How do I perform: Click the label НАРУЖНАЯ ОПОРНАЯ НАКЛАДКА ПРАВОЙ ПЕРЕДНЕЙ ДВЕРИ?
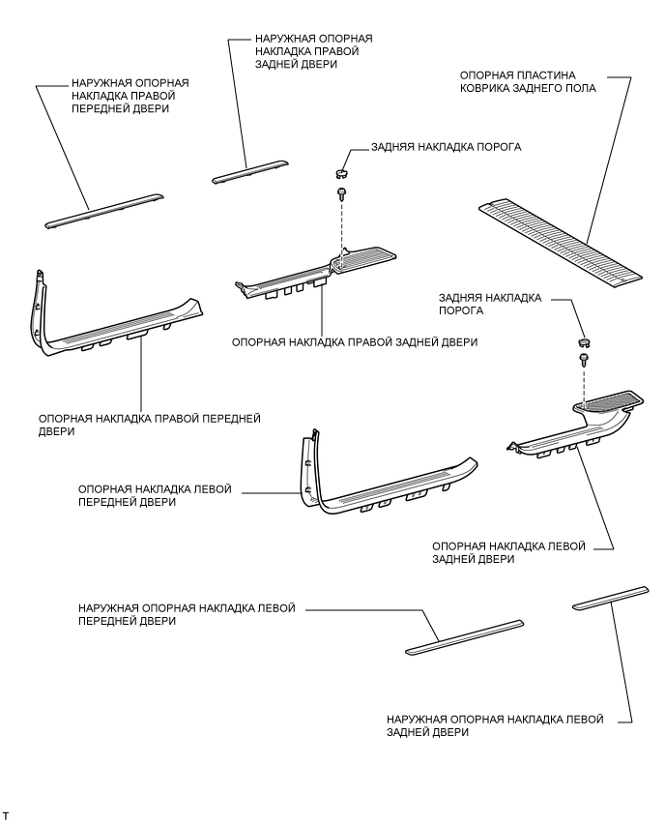130,97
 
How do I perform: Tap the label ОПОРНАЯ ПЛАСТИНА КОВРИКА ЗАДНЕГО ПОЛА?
526,80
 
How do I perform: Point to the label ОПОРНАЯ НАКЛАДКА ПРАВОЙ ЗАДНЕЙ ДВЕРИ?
355,342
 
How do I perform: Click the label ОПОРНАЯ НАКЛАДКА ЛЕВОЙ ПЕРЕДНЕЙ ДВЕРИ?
155,496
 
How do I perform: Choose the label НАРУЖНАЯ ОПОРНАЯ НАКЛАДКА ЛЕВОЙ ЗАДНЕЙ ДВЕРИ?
494,726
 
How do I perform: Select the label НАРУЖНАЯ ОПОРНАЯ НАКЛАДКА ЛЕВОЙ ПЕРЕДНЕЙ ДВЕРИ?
187,615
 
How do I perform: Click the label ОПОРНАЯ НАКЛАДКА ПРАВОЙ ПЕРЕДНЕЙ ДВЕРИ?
150,425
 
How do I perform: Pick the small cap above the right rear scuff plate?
341,174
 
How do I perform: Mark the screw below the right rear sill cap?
342,194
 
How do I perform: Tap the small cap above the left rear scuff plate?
583,341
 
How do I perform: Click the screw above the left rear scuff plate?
584,359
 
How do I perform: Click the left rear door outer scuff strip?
612,596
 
